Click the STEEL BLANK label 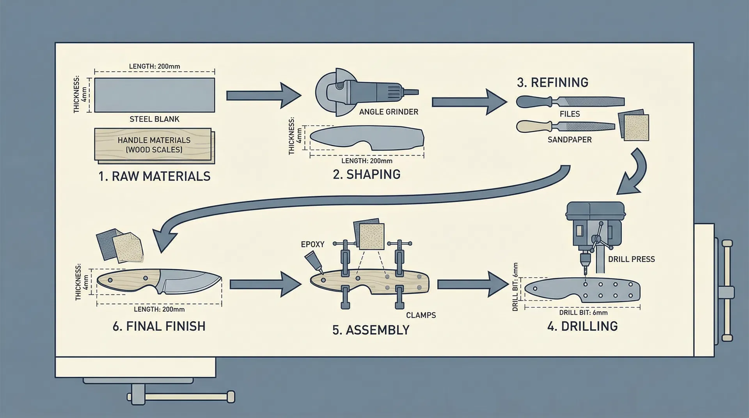[x=154, y=119]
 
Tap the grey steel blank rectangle [x=154, y=95]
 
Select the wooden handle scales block [x=154, y=145]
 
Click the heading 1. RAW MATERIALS [x=154, y=176]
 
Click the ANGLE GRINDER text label [x=389, y=112]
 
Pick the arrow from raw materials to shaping [x=263, y=96]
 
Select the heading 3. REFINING [x=552, y=83]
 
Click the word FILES [x=570, y=114]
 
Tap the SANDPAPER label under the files [x=570, y=140]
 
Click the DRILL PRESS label [x=631, y=259]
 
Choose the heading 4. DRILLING [x=582, y=326]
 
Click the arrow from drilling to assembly [x=472, y=285]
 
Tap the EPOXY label [x=312, y=244]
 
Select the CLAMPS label [x=421, y=315]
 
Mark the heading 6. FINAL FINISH [x=159, y=326]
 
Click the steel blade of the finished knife [x=191, y=282]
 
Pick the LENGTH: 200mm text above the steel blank [x=154, y=67]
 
